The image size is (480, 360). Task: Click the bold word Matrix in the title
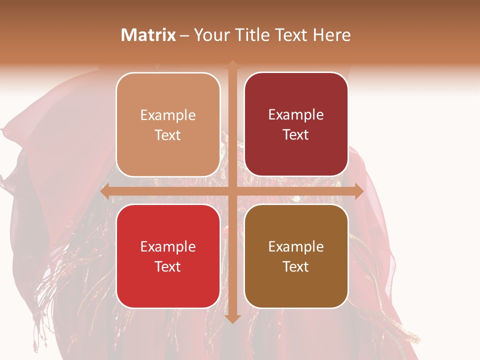pyautogui.click(x=148, y=35)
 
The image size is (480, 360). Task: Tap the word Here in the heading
pyautogui.click(x=332, y=35)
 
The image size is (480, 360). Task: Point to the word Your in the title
pyautogui.click(x=210, y=35)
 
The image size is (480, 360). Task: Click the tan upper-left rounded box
pyautogui.click(x=168, y=124)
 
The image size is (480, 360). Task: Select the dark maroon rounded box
pyautogui.click(x=296, y=124)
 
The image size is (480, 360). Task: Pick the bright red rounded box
pyautogui.click(x=168, y=256)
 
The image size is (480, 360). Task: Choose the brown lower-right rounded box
pyautogui.click(x=296, y=256)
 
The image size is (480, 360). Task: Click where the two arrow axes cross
pyautogui.click(x=232, y=191)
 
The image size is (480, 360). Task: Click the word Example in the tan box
pyautogui.click(x=168, y=115)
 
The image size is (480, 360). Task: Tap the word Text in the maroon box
pyautogui.click(x=296, y=135)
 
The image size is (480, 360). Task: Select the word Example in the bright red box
pyautogui.click(x=168, y=246)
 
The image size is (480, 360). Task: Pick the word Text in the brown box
pyautogui.click(x=296, y=266)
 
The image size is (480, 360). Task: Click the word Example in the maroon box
pyautogui.click(x=296, y=115)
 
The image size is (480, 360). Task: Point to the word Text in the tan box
pyautogui.click(x=168, y=135)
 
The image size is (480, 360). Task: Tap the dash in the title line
pyautogui.click(x=184, y=35)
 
